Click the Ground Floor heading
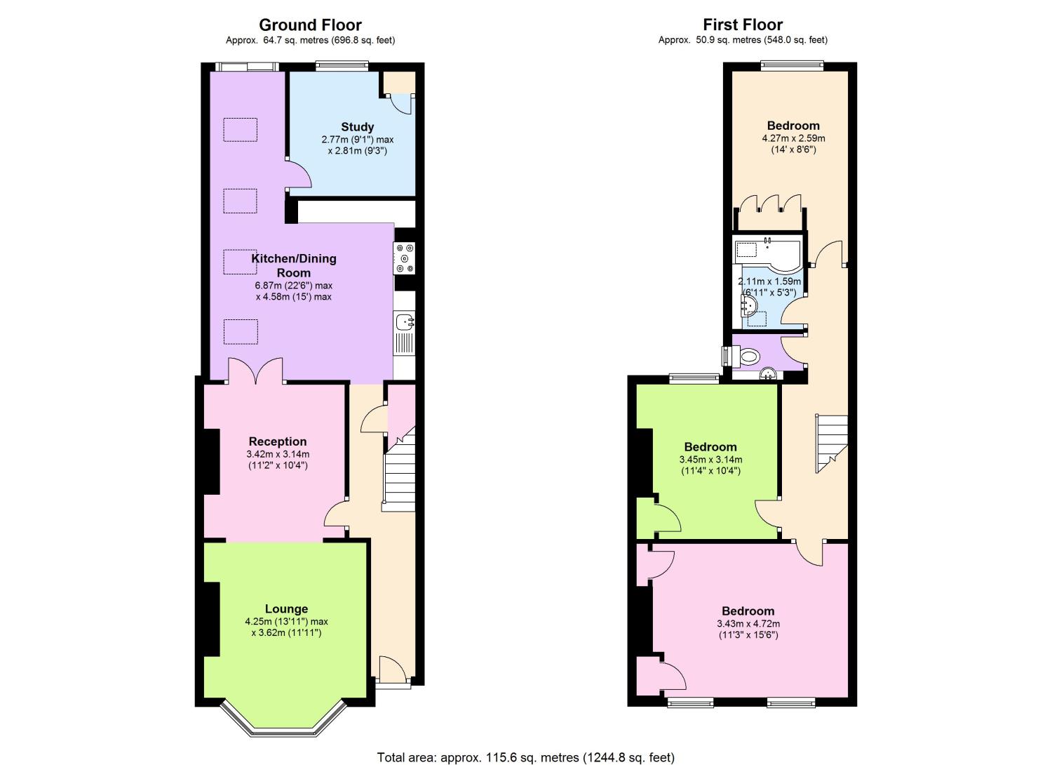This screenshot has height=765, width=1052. click(310, 25)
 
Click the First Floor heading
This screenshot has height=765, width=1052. click(743, 25)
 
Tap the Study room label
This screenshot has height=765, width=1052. click(357, 127)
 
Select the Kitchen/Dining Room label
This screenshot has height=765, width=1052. click(294, 265)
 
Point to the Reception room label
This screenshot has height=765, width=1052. click(278, 441)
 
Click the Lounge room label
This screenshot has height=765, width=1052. click(286, 609)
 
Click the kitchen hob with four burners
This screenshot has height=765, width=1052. click(405, 258)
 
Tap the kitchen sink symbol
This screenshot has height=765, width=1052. click(405, 322)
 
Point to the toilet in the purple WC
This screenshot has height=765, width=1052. click(750, 357)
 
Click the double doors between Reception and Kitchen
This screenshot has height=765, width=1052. click(255, 371)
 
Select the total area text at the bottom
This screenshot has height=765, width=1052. click(525, 757)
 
